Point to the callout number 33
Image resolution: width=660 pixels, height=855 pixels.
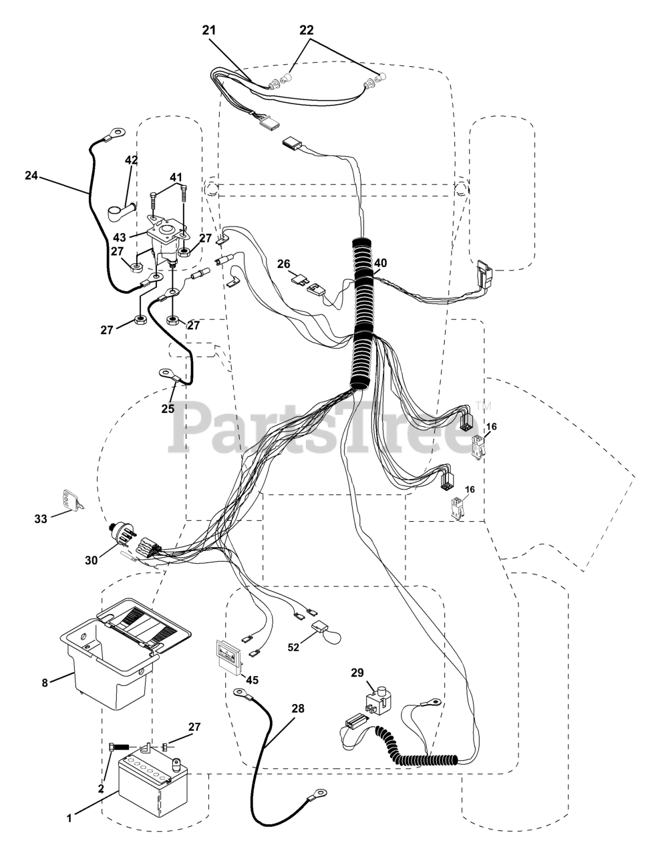(x=41, y=518)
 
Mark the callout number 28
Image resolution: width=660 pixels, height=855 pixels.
(x=297, y=708)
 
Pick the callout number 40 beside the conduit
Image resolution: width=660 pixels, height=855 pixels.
(x=380, y=263)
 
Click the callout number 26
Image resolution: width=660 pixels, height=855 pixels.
(x=285, y=264)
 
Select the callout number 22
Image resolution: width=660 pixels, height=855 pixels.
(x=307, y=30)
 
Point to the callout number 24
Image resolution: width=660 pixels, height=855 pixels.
(x=31, y=176)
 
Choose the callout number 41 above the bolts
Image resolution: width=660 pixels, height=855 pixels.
(x=175, y=177)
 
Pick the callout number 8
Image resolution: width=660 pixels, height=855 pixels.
(x=45, y=682)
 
